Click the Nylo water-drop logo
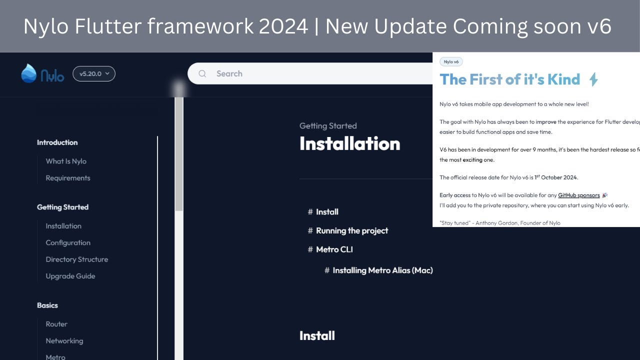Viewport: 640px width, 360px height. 28,73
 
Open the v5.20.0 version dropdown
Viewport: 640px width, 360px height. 94,73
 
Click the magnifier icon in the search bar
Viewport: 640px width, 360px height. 202,73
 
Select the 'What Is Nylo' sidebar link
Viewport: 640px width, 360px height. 66,161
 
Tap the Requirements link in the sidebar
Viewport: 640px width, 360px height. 68,178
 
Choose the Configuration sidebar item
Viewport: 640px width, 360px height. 68,242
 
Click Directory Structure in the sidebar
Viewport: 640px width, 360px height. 76,259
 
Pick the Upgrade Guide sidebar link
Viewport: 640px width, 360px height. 70,276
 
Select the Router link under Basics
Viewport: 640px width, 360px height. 56,324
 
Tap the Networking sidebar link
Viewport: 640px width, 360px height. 64,340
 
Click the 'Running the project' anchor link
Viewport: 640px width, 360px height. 352,230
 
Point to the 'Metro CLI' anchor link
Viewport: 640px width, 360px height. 334,249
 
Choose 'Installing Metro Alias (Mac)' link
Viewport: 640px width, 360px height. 382,270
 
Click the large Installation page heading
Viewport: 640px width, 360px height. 349,143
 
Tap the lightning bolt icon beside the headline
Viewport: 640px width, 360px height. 593,79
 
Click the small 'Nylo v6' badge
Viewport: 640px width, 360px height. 451,62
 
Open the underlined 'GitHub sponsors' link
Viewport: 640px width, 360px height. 578,195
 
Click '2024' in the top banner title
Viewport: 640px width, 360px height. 283,26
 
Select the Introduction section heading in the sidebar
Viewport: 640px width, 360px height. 57,142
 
